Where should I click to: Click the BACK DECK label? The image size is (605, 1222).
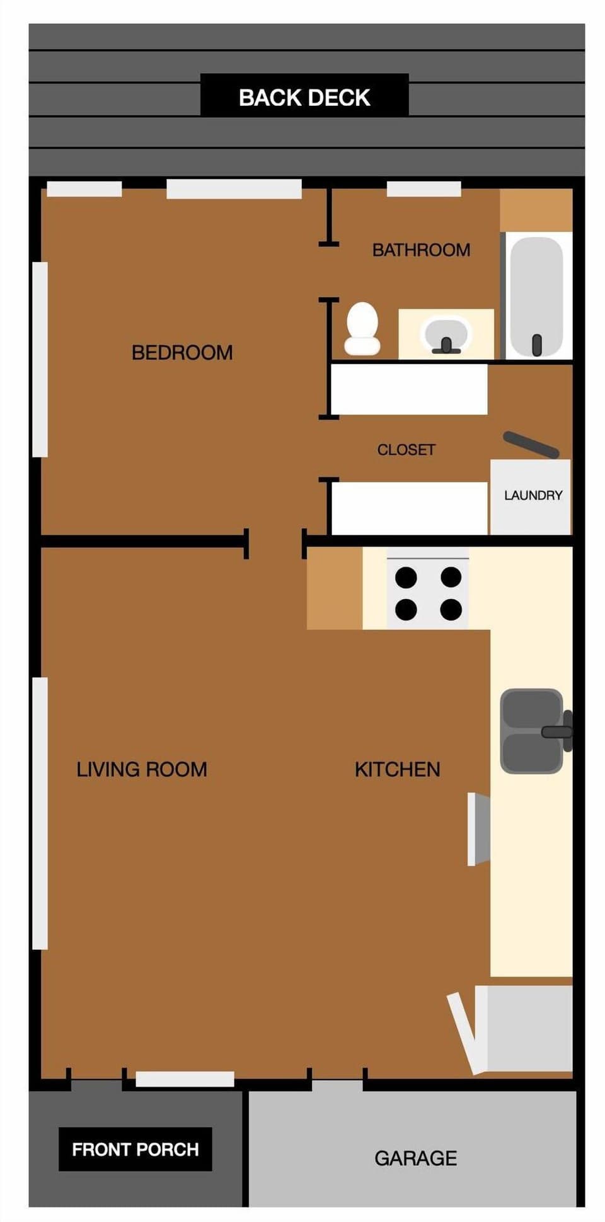304,98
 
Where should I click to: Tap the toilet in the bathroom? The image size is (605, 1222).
362,329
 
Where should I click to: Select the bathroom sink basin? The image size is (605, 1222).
446,333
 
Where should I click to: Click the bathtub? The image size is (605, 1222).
536,296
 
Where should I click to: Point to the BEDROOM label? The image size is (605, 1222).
181,352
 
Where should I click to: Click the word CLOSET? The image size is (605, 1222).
406,450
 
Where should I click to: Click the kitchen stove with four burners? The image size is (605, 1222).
427,593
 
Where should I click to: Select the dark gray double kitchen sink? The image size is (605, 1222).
531,731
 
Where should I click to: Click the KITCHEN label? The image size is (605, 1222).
397,769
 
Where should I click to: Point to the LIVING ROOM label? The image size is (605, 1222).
141,769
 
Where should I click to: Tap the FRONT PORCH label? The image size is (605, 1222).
135,1150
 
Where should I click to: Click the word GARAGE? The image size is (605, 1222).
415,1158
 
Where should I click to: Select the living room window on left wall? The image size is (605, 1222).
40,813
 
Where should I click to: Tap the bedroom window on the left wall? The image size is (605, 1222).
40,359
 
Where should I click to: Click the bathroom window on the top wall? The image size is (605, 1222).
423,188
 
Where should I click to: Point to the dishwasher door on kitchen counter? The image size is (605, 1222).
479,829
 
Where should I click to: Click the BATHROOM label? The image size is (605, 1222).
421,250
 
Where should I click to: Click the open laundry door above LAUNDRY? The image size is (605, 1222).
531,444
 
